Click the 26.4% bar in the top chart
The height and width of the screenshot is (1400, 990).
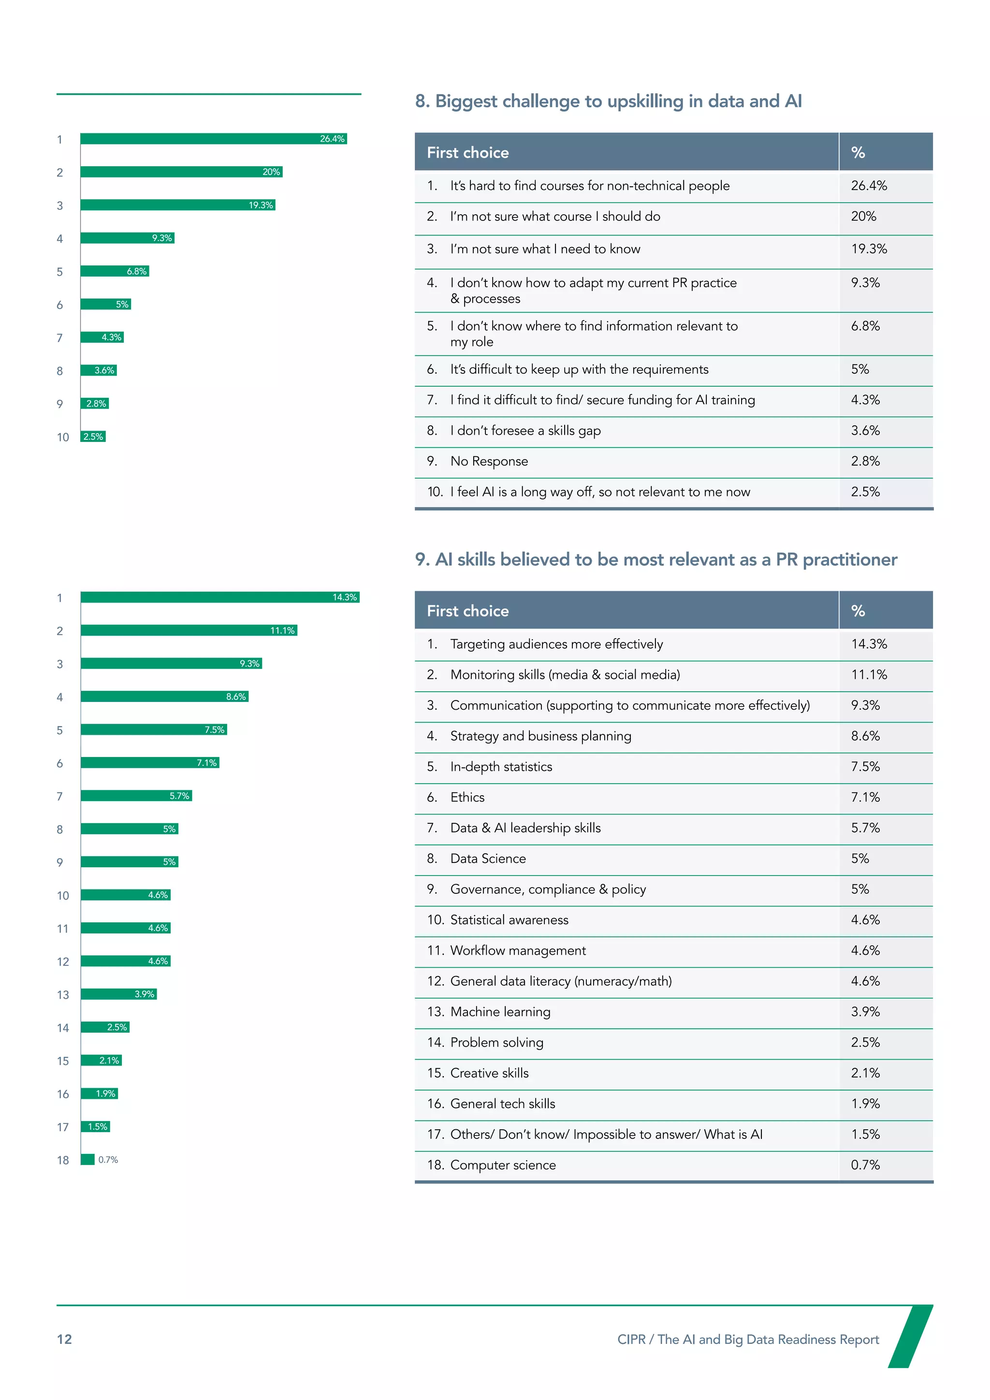click(x=213, y=139)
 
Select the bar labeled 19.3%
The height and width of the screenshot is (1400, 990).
click(x=177, y=205)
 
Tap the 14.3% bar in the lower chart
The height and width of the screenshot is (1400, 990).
click(x=219, y=598)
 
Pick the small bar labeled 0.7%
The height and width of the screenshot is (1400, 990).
click(x=88, y=1160)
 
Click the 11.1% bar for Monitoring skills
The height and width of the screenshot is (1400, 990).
click(x=189, y=630)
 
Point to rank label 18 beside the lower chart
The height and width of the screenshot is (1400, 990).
click(x=63, y=1160)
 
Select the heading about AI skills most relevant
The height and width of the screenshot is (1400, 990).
click(x=655, y=560)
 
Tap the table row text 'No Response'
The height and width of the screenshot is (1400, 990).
click(x=489, y=462)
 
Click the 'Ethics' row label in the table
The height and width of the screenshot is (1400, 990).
click(x=467, y=798)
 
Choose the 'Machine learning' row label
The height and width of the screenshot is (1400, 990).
click(x=500, y=1012)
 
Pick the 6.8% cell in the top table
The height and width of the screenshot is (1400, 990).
click(x=865, y=326)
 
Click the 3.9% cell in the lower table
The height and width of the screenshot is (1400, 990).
click(x=865, y=1012)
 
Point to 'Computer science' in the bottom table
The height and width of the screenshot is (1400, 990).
click(x=502, y=1165)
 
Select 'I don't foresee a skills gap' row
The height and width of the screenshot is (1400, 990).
click(x=525, y=431)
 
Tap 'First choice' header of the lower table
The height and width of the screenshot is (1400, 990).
click(x=467, y=612)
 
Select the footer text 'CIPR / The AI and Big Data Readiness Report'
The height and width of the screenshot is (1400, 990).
click(x=747, y=1340)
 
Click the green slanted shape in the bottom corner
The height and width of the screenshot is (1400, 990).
click(x=910, y=1337)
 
